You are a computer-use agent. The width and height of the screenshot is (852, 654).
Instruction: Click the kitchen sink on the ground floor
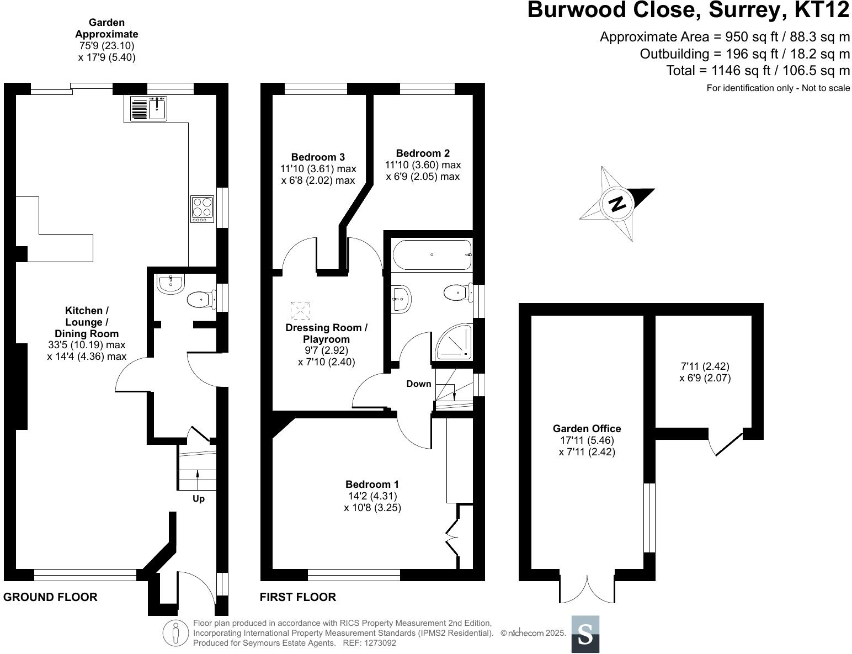tap(148, 108)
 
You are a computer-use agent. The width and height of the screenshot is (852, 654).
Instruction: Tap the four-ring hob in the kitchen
tap(202, 209)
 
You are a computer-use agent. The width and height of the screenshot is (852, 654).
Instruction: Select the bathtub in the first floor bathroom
tap(432, 254)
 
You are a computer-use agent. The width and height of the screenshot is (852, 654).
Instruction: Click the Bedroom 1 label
tap(372, 485)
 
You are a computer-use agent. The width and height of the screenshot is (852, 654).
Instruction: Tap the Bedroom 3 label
tap(318, 157)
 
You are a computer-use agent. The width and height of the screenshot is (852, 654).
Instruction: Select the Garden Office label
tap(587, 428)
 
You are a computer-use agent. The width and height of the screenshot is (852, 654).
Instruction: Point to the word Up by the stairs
tap(199, 499)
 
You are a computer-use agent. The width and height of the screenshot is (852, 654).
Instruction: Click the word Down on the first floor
tap(418, 384)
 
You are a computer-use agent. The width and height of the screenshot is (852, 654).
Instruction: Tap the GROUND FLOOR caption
tap(50, 597)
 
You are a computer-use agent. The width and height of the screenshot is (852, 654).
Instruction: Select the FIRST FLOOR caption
tap(298, 597)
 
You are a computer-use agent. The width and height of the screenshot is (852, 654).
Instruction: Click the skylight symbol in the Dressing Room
tap(300, 310)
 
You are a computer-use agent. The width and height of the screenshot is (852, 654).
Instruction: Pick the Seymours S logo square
tap(585, 634)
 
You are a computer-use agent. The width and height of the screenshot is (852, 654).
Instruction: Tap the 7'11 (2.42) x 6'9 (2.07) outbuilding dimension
tap(705, 372)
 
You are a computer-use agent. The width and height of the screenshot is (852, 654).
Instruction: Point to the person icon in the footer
tap(175, 633)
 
